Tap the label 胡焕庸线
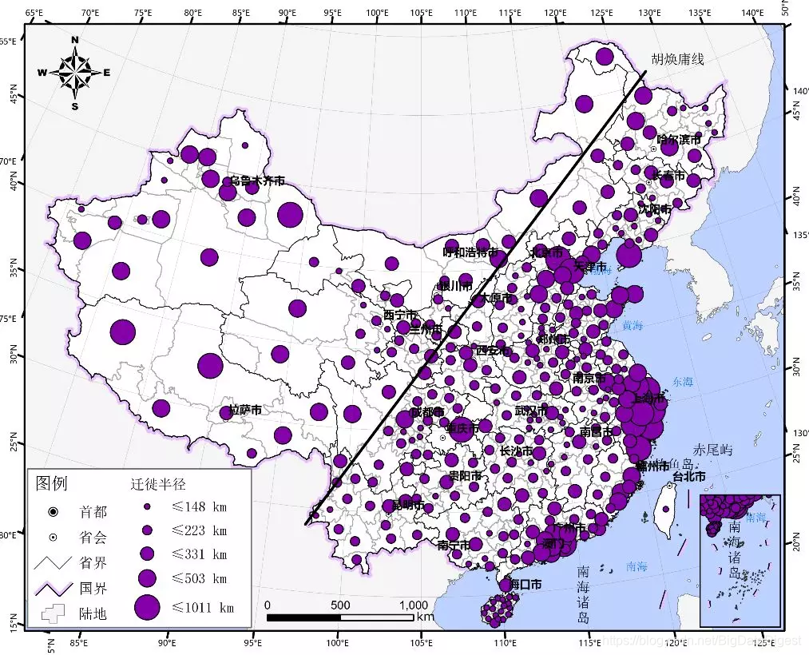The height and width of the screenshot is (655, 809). [677, 59]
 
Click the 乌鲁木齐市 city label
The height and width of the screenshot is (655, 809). [257, 181]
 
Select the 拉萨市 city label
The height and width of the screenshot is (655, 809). [245, 410]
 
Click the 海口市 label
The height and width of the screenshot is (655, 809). [525, 585]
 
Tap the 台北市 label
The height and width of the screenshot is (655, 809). [688, 476]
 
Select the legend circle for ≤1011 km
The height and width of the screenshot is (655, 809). [147, 608]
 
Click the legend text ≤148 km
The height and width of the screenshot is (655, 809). [200, 506]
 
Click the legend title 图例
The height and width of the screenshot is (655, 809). [52, 484]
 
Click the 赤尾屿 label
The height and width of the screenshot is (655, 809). [712, 451]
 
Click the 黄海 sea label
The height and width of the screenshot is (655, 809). [633, 325]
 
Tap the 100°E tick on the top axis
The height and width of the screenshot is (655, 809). [377, 13]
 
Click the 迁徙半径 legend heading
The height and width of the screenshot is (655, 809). [158, 484]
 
